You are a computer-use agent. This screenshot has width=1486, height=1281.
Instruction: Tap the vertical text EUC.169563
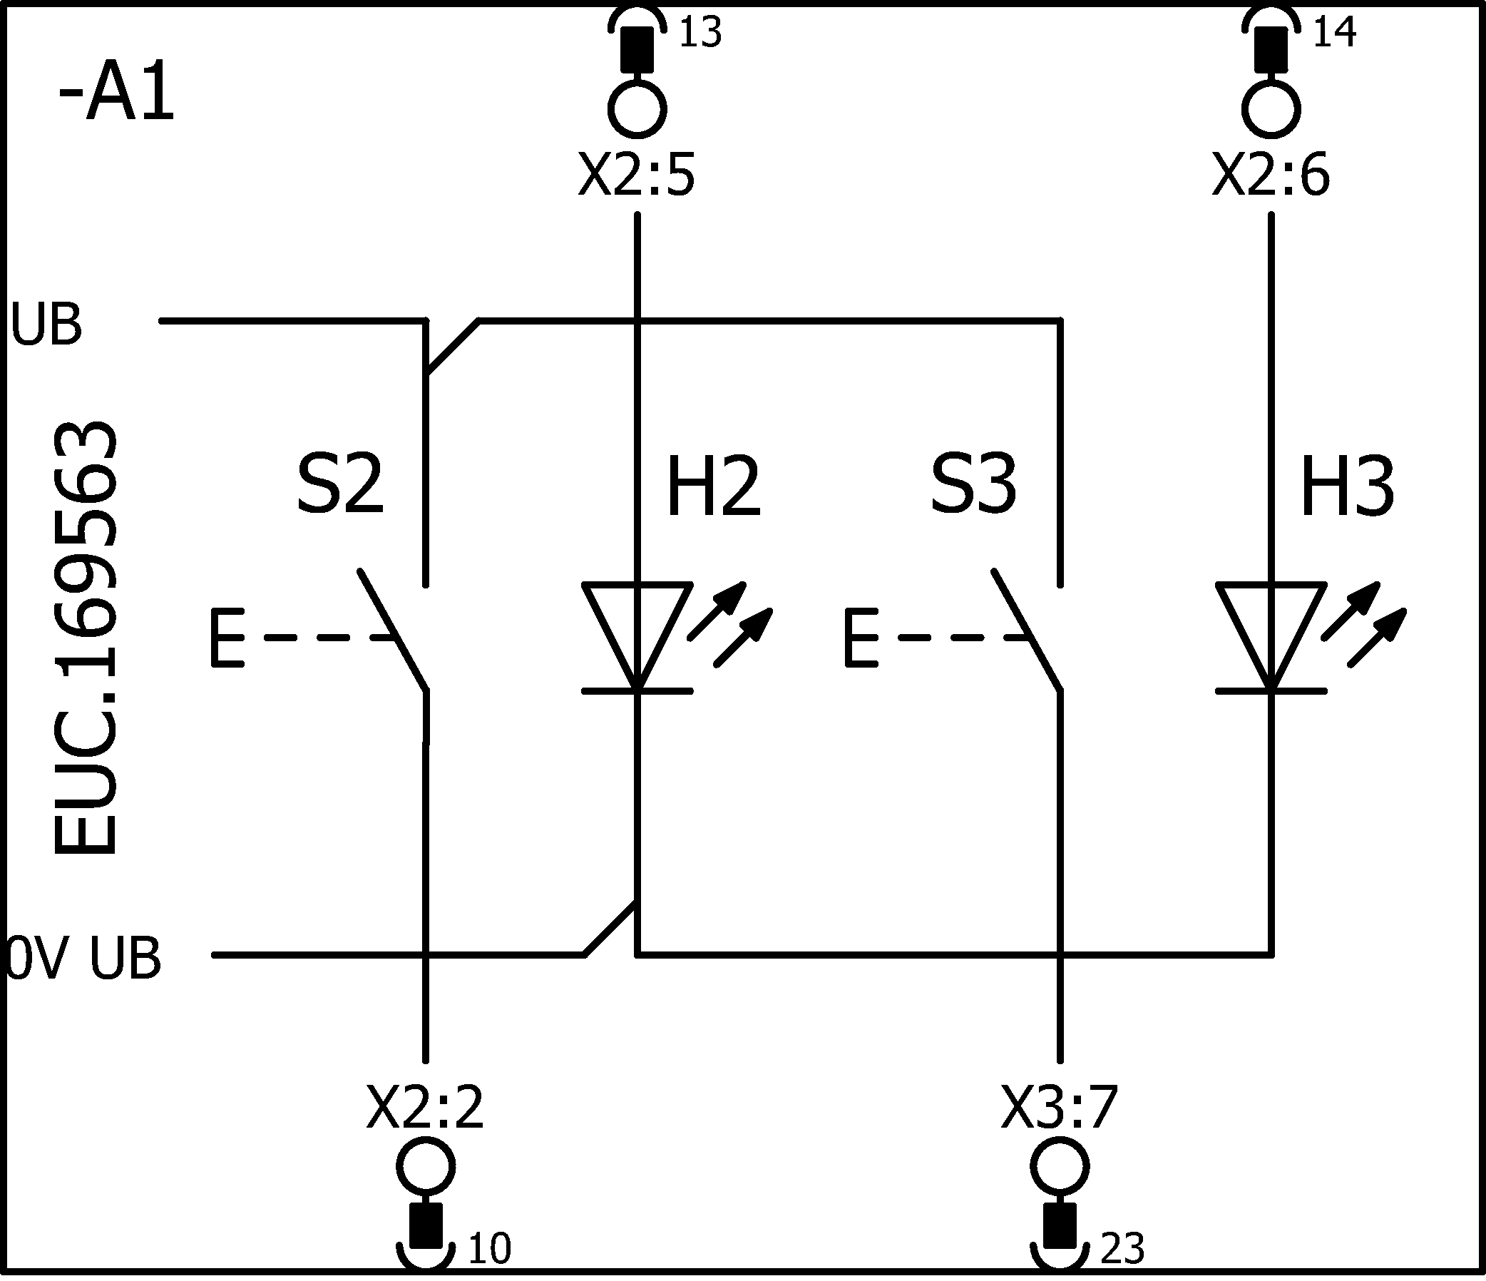(85, 638)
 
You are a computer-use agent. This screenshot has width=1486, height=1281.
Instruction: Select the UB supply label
(47, 325)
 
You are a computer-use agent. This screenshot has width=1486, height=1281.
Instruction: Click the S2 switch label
(341, 485)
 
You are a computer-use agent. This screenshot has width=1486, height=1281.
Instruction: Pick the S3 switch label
(974, 485)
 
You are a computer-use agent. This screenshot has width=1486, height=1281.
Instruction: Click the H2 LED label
(714, 488)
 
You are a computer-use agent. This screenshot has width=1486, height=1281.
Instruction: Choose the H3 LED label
(1348, 488)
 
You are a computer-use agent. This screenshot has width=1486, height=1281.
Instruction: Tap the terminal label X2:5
(637, 176)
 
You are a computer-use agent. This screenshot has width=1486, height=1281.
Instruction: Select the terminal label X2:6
(1271, 176)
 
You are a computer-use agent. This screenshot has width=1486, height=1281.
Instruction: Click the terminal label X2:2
(425, 1108)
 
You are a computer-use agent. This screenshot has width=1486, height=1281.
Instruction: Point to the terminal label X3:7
(1060, 1108)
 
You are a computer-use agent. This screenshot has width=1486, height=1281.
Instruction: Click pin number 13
(700, 33)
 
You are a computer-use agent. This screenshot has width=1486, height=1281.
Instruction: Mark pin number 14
(1335, 33)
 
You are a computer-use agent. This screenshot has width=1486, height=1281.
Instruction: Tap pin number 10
(489, 1249)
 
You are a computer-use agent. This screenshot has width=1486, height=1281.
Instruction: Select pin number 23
(1122, 1249)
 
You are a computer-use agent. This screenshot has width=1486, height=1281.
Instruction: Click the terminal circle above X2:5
(637, 109)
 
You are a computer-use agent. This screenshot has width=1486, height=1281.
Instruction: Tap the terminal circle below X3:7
(1060, 1167)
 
